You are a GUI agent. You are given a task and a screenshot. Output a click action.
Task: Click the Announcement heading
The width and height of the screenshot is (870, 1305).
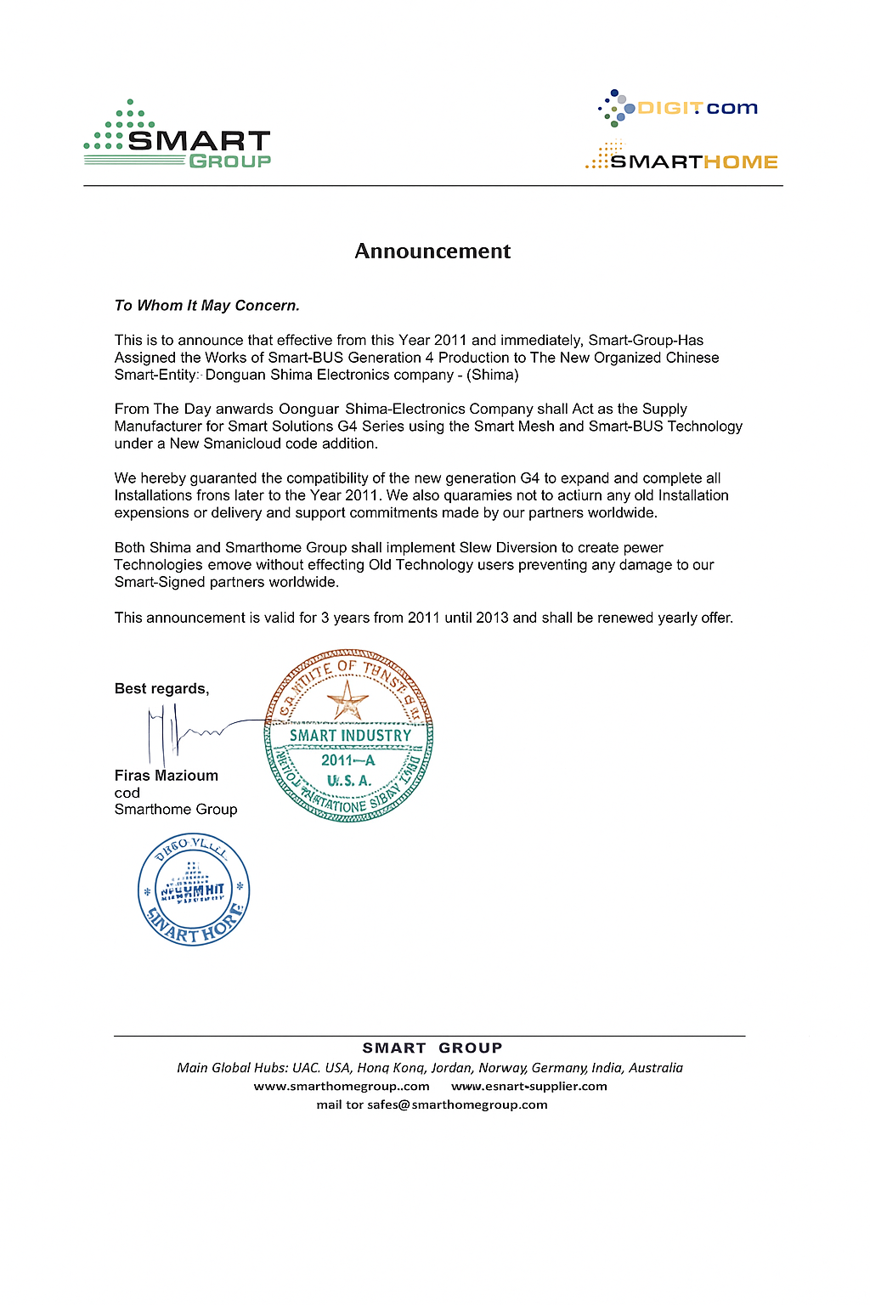tap(432, 251)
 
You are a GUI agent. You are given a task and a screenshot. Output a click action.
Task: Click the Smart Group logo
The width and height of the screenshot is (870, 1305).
tap(178, 135)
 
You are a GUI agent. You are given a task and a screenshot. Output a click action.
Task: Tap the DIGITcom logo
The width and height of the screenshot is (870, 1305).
tap(679, 108)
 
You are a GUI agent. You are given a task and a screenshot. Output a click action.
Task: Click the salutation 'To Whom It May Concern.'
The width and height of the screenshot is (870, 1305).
tap(207, 306)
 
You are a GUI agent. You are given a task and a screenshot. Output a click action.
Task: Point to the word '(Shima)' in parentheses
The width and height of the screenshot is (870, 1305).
tap(493, 375)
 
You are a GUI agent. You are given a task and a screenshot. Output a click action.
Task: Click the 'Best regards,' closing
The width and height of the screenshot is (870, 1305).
tap(161, 689)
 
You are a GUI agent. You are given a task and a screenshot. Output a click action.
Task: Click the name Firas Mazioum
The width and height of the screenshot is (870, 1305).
tap(167, 776)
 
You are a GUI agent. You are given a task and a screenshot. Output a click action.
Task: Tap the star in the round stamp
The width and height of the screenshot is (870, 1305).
tap(347, 700)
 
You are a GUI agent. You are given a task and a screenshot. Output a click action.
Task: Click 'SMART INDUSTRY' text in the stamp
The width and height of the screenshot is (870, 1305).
tap(350, 736)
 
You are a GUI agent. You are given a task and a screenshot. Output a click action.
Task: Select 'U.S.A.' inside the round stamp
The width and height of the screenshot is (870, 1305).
tap(349, 781)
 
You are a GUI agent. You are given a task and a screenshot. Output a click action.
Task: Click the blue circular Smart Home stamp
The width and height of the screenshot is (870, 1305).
tap(194, 890)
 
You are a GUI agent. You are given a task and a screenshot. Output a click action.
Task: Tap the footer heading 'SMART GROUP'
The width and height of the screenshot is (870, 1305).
tap(432, 1048)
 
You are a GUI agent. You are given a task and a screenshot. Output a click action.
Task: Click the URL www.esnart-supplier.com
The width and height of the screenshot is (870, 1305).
tap(529, 1087)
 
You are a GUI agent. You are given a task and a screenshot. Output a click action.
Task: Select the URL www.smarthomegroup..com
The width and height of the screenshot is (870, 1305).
tap(342, 1087)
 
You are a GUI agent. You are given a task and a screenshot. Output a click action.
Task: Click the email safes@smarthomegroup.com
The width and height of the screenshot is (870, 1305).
tap(457, 1105)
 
